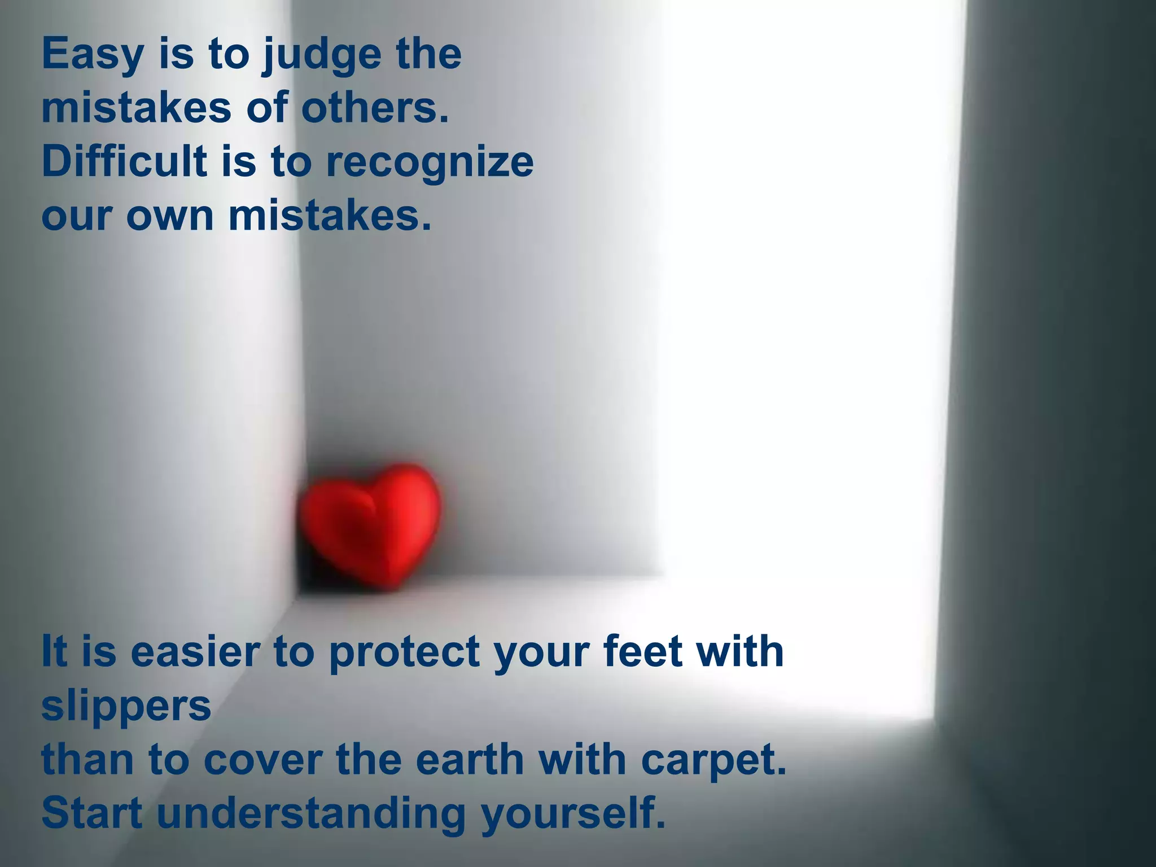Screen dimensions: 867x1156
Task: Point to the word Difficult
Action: tap(124, 161)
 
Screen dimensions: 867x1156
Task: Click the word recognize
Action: tap(430, 163)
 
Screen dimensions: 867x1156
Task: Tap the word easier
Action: tap(195, 651)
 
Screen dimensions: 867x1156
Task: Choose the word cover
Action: tap(262, 760)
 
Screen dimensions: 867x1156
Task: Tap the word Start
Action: tap(92, 813)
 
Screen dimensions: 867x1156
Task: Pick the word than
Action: tap(87, 760)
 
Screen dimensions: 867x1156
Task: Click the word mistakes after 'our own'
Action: tap(330, 216)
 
